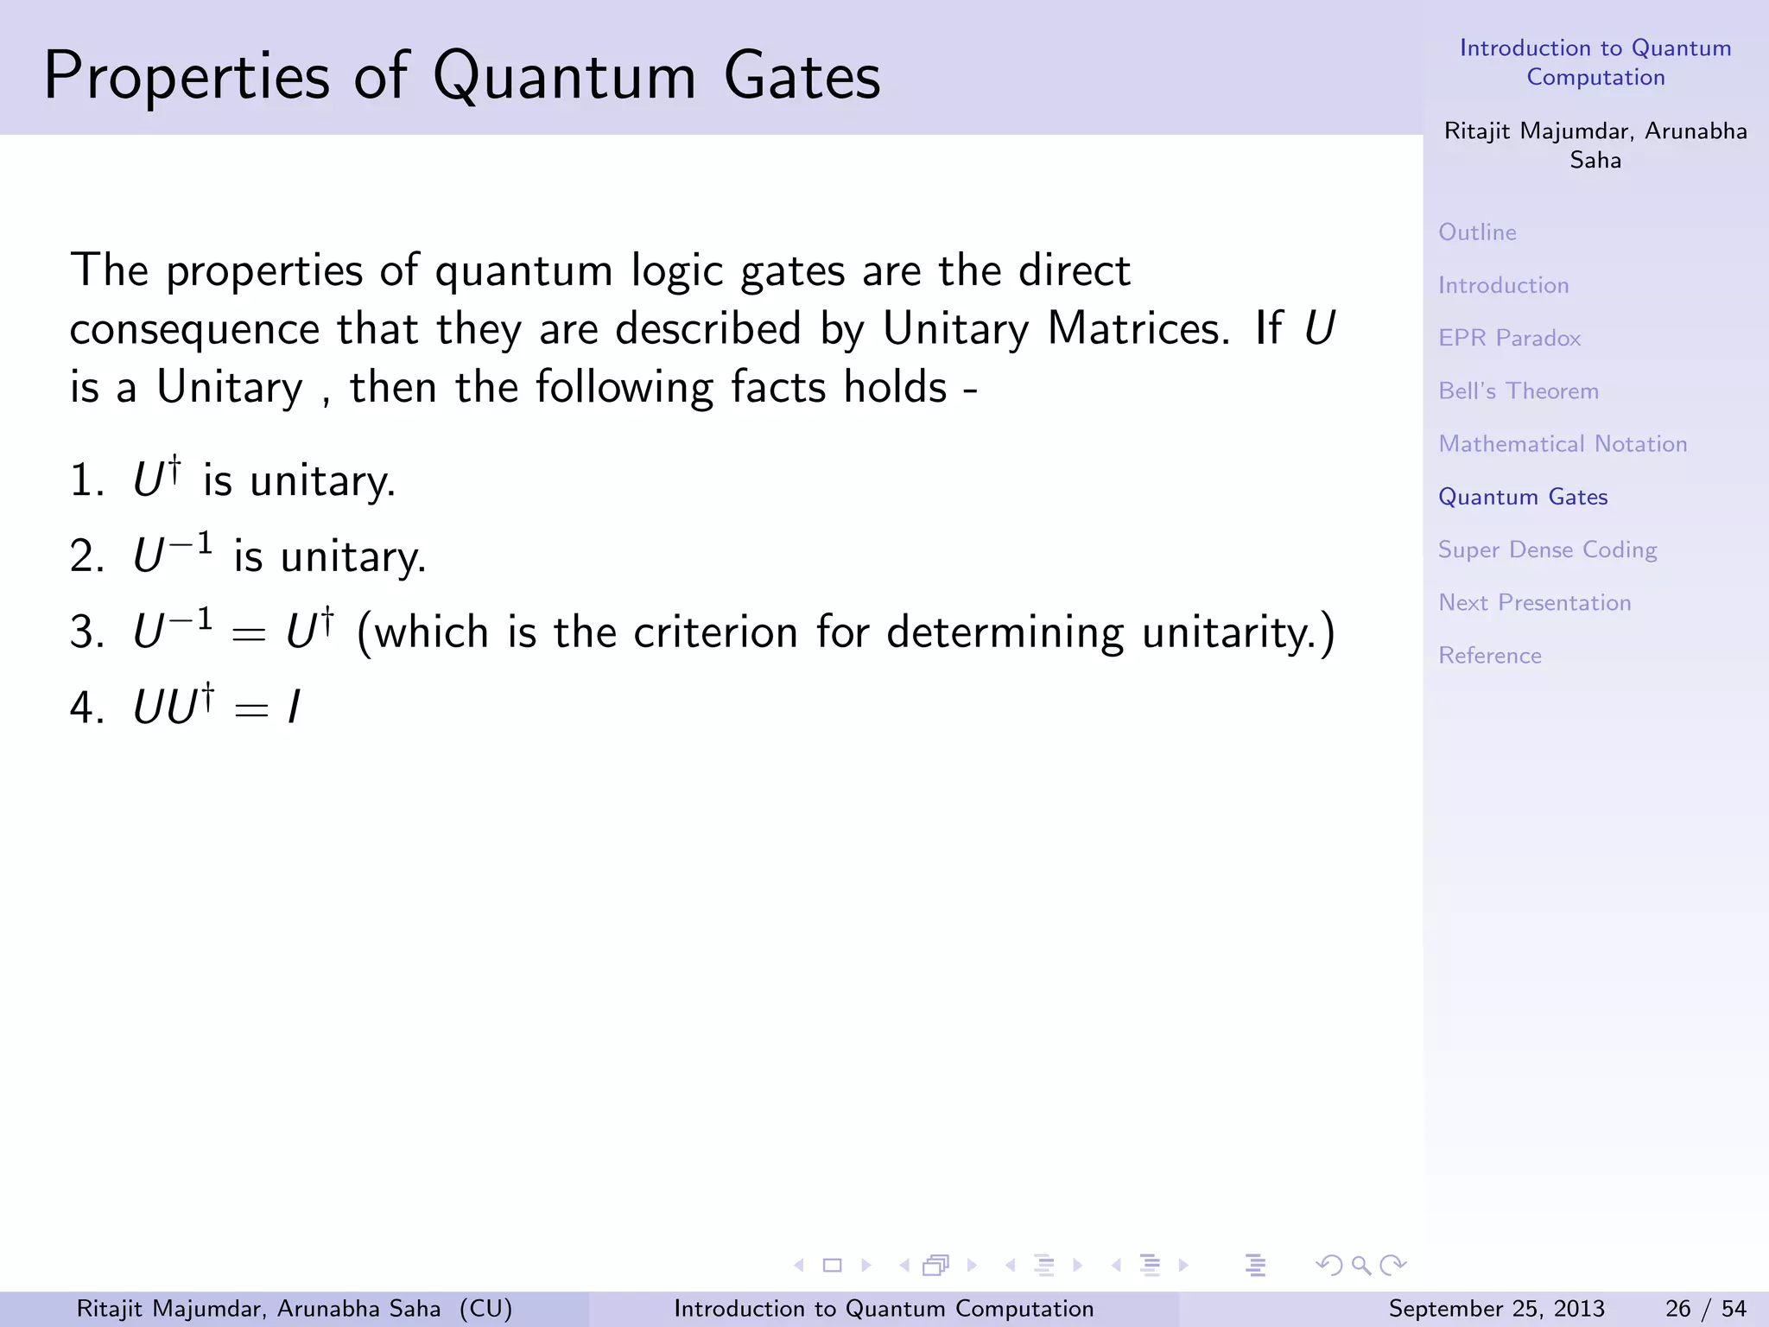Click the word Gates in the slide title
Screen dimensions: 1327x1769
click(802, 76)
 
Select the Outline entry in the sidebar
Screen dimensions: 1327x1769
click(1477, 232)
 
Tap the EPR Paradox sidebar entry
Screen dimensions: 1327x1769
click(1509, 338)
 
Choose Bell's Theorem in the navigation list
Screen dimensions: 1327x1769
click(1518, 391)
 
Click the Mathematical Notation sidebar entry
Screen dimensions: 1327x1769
click(1562, 444)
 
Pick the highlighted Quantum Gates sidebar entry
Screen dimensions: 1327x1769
click(1522, 497)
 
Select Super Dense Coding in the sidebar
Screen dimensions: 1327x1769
click(1547, 550)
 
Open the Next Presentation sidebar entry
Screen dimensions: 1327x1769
click(1534, 603)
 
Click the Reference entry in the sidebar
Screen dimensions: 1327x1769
click(1489, 656)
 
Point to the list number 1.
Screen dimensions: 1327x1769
click(85, 481)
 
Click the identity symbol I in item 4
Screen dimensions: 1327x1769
click(294, 708)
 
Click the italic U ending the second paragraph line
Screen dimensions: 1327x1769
click(1319, 329)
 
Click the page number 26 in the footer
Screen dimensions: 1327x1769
click(1677, 1309)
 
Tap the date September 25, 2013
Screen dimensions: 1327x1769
click(1496, 1309)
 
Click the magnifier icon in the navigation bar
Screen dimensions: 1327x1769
click(1361, 1266)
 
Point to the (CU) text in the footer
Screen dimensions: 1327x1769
click(485, 1309)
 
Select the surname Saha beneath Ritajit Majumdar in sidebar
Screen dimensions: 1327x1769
click(1595, 161)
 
